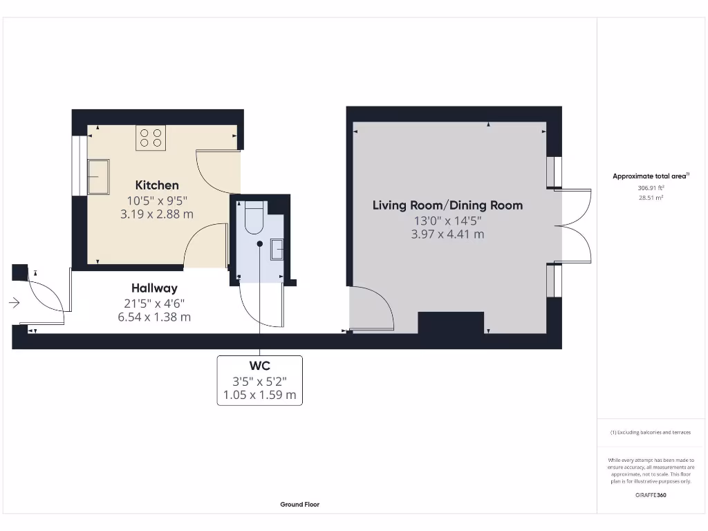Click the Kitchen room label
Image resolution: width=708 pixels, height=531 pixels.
(x=157, y=185)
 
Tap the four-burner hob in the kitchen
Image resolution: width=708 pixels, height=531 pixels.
(x=150, y=138)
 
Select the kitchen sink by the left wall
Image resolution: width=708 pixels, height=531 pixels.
(x=97, y=177)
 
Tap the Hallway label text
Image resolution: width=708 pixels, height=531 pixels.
(x=154, y=288)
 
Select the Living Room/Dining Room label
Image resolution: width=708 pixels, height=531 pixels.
(x=447, y=205)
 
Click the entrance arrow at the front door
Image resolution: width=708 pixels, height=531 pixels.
(x=15, y=302)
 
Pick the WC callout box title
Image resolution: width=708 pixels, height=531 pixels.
(x=259, y=365)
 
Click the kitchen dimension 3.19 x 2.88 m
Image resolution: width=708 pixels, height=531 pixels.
(x=157, y=214)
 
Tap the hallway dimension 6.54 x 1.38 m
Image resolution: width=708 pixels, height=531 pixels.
(x=154, y=317)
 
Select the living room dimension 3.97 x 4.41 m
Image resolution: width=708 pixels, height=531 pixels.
(x=447, y=234)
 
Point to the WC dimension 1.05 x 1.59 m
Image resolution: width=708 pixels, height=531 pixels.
(x=259, y=395)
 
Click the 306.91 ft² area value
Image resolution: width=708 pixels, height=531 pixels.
(x=651, y=187)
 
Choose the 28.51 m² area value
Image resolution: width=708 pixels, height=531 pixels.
(x=651, y=197)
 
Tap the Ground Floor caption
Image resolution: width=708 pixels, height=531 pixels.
(x=299, y=505)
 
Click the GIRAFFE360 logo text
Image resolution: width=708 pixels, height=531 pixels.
(x=651, y=495)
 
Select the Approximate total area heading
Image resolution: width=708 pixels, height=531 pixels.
(x=651, y=176)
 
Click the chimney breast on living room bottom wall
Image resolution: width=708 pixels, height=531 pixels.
(x=451, y=323)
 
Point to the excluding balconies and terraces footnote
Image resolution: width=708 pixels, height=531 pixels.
(x=651, y=433)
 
